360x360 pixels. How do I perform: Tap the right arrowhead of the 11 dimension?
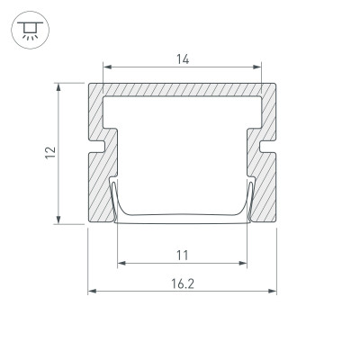pyautogui.click(x=244, y=264)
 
